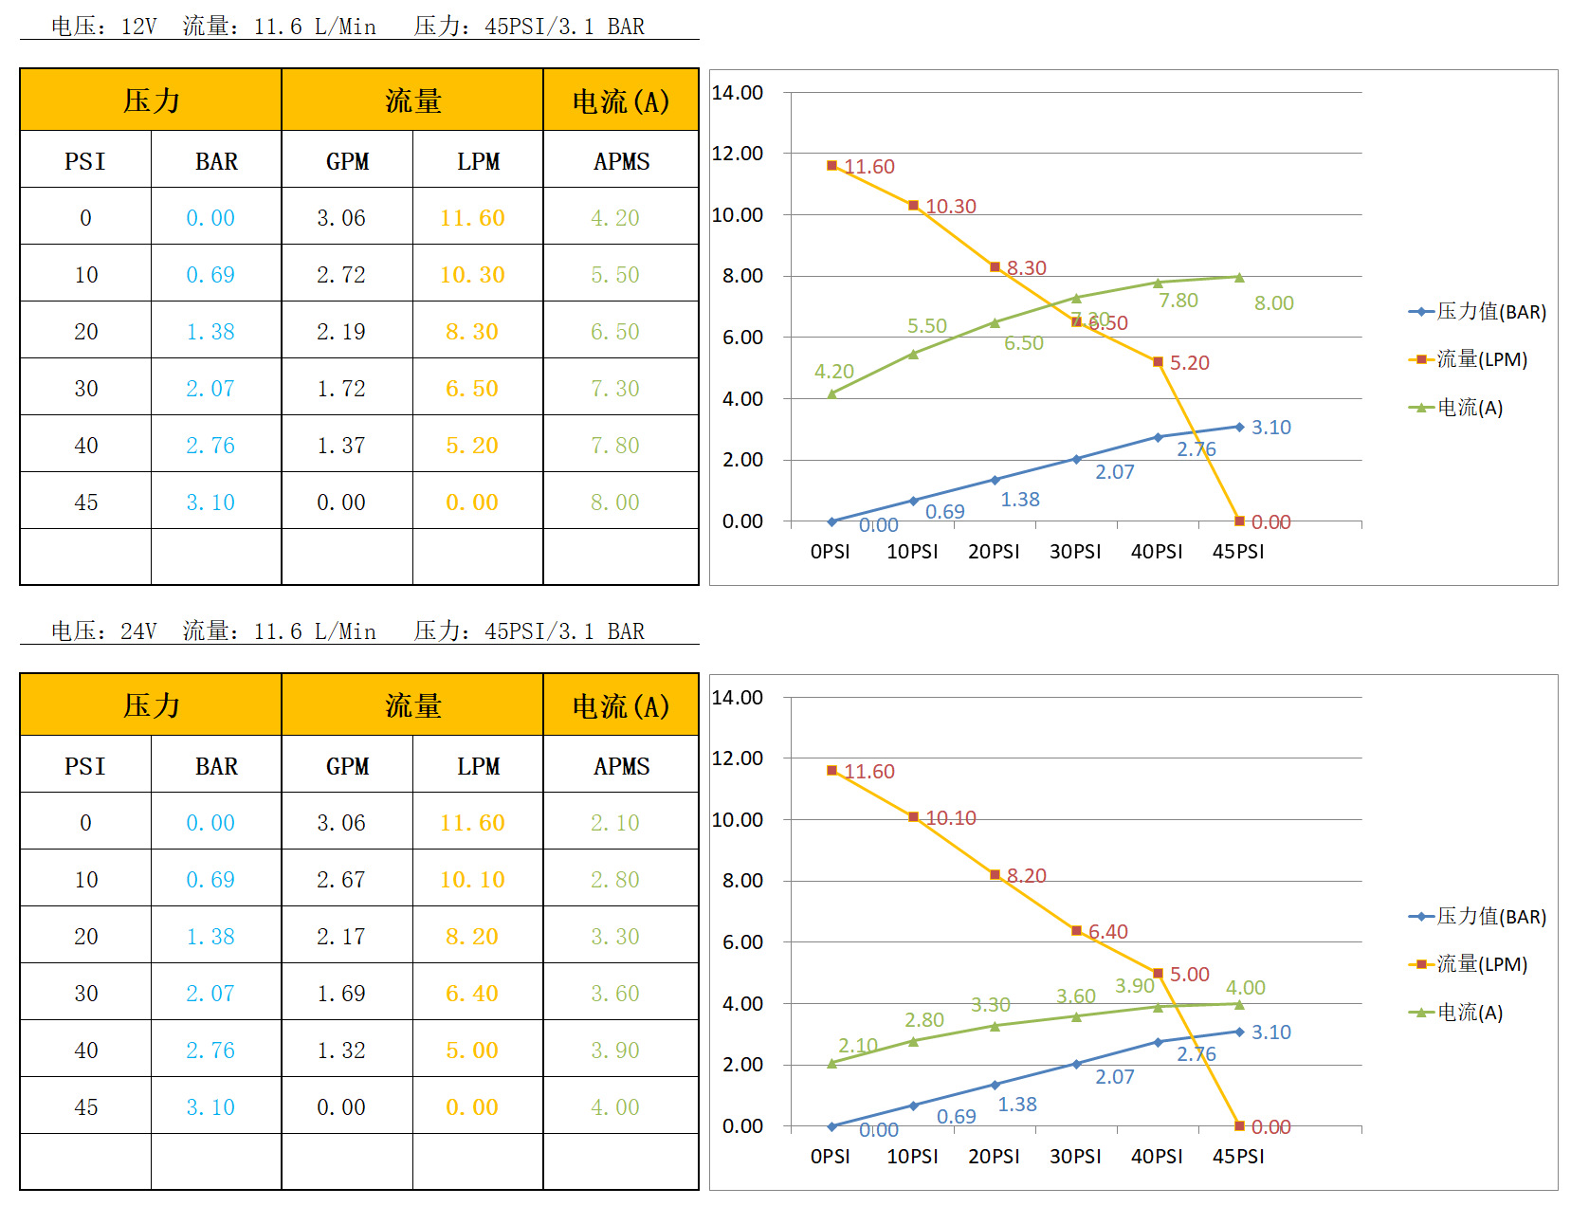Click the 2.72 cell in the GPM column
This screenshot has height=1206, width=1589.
pyautogui.click(x=341, y=275)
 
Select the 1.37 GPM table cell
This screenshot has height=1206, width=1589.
pyautogui.click(x=341, y=446)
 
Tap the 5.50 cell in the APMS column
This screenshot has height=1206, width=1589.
pyautogui.click(x=615, y=275)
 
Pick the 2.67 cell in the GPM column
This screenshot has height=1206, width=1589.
pyautogui.click(x=341, y=880)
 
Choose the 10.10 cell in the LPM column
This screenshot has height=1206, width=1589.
pyautogui.click(x=472, y=880)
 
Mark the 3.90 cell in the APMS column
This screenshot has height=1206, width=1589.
pyautogui.click(x=615, y=1051)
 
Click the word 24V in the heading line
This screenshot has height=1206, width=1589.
pyautogui.click(x=138, y=631)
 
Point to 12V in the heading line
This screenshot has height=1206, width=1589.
pyautogui.click(x=138, y=27)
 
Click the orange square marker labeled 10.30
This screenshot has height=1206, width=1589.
pyautogui.click(x=914, y=206)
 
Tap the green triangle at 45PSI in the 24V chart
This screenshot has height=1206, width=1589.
pyautogui.click(x=1239, y=1004)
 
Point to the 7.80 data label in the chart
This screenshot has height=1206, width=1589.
pyautogui.click(x=1178, y=301)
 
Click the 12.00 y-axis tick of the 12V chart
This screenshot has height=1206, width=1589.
pyautogui.click(x=738, y=154)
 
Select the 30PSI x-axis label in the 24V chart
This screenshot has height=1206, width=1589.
pyautogui.click(x=1075, y=1157)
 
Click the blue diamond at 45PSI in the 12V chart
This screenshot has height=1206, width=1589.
pyautogui.click(x=1239, y=427)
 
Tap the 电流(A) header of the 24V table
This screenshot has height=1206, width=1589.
pyautogui.click(x=621, y=705)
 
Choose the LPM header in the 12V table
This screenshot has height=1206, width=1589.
pyautogui.click(x=478, y=161)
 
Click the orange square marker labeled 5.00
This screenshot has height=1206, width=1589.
pyautogui.click(x=1158, y=974)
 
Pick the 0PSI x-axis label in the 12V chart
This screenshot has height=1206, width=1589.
pyautogui.click(x=831, y=552)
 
